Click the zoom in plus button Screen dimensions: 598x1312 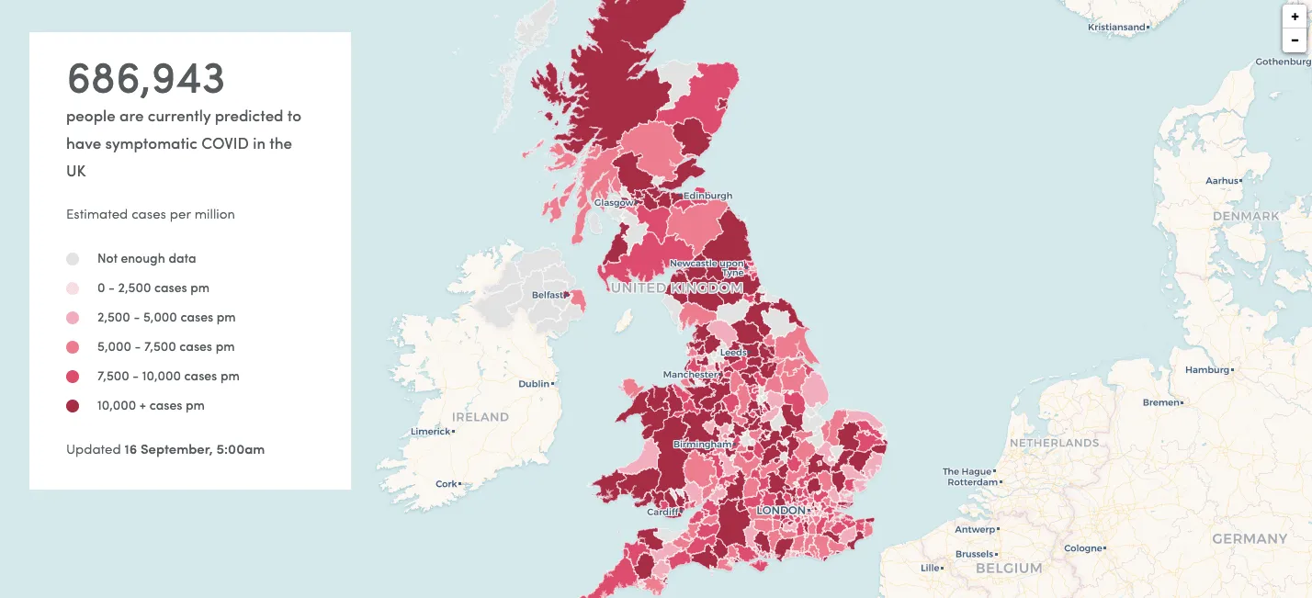pos(1295,17)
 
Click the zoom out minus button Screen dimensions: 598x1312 pos(1295,40)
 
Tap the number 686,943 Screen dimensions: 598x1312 pos(145,79)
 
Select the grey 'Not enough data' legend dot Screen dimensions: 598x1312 pos(73,259)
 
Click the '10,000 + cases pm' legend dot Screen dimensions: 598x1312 pos(73,406)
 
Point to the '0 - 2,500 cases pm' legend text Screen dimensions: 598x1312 pos(153,288)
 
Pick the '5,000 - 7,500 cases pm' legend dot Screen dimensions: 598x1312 pos(73,347)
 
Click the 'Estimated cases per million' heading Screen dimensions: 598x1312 pos(150,214)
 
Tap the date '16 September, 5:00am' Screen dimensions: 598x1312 pos(194,450)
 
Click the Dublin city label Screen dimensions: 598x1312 pos(533,384)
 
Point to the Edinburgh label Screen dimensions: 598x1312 pos(707,196)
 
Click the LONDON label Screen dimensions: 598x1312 pos(781,511)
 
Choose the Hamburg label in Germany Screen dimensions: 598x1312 pos(1206,370)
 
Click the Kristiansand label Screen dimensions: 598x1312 pos(1115,28)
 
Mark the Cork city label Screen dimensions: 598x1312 pos(446,484)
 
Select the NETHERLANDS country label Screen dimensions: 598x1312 pos(1054,443)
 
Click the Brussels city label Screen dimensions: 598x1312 pos(974,554)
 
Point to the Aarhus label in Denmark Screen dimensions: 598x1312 pos(1221,181)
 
